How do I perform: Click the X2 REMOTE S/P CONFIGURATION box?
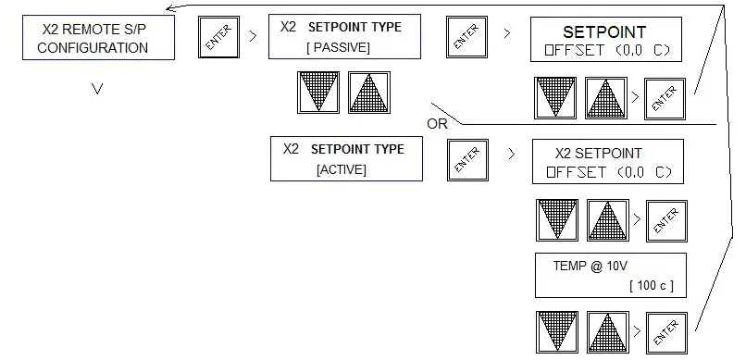[x=98, y=39]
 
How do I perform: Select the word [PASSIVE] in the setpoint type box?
[x=338, y=46]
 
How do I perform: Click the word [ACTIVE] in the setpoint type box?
[x=341, y=169]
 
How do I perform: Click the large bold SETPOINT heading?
[x=605, y=31]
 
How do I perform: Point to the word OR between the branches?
[x=438, y=123]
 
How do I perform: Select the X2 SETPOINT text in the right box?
[x=598, y=154]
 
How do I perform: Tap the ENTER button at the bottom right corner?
[x=665, y=331]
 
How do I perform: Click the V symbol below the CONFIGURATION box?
[x=96, y=91]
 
